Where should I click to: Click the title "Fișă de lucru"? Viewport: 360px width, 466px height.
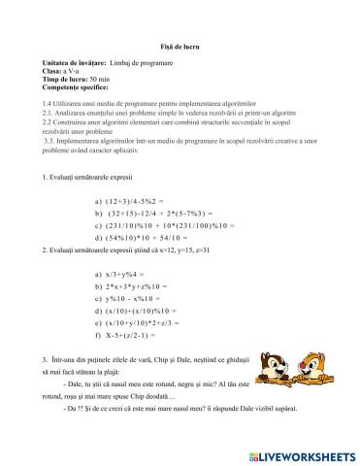(x=180, y=47)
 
